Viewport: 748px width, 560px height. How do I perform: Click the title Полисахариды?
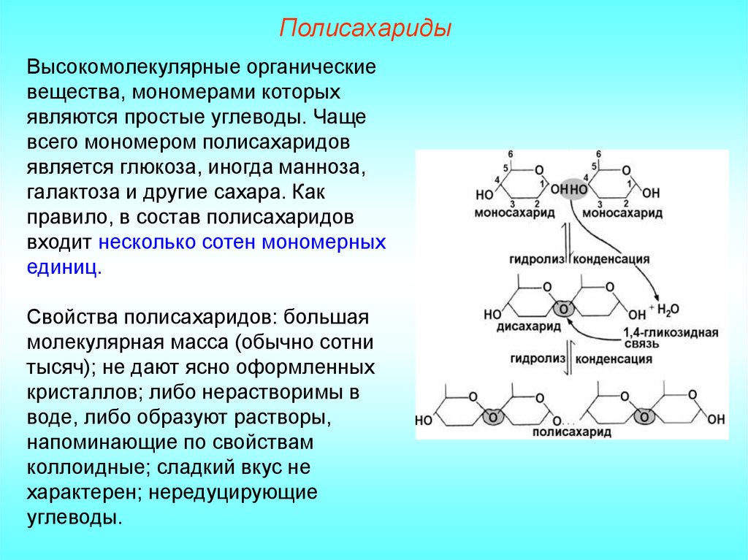(365, 30)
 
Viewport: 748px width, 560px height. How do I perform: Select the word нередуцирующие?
(232, 491)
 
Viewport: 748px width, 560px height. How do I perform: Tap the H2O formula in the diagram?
(666, 310)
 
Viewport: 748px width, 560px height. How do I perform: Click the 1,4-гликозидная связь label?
(671, 338)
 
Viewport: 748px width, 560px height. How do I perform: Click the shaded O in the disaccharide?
(562, 307)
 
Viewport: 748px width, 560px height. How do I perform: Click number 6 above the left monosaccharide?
(511, 154)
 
